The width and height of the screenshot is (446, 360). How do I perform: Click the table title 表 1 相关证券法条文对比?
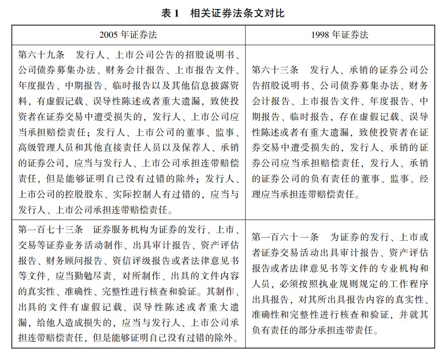click(223, 14)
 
